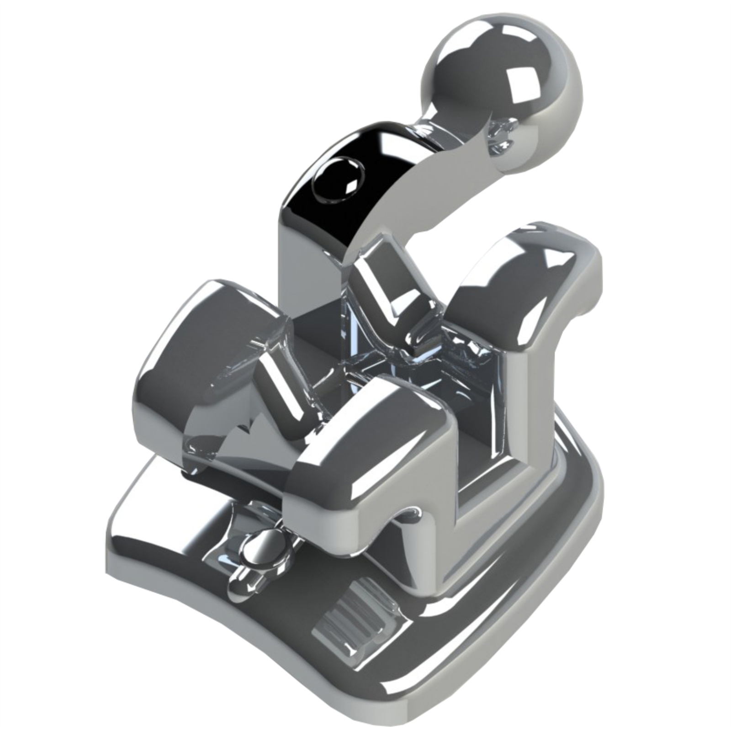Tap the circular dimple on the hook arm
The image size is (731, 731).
(x=338, y=180)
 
